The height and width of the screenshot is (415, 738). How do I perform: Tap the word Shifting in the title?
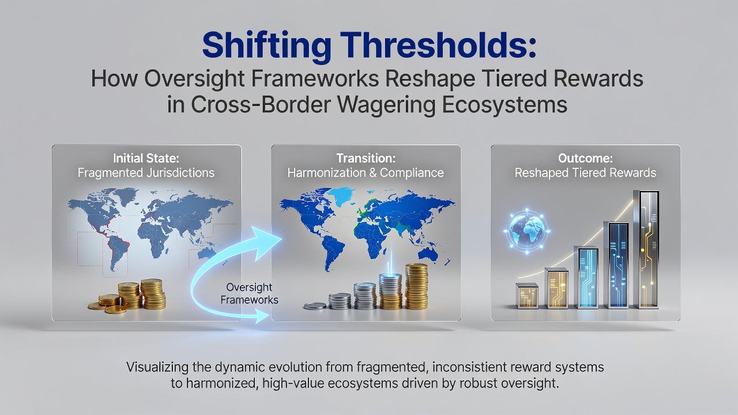click(x=267, y=47)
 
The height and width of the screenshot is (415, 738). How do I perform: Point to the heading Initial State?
click(x=146, y=159)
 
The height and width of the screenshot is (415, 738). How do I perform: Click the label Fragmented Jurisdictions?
click(x=146, y=172)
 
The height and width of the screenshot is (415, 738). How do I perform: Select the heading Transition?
click(x=366, y=159)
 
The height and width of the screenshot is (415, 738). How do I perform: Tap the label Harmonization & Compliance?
click(x=366, y=173)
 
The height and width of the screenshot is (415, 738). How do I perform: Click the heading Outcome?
click(x=585, y=159)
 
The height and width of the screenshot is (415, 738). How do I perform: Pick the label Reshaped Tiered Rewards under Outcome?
click(x=585, y=173)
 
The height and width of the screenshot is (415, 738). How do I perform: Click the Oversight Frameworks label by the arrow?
click(x=250, y=293)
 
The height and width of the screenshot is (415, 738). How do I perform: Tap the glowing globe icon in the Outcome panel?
click(x=527, y=231)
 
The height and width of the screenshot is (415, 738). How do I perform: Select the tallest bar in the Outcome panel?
click(x=646, y=250)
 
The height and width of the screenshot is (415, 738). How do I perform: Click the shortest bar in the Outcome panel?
click(x=527, y=296)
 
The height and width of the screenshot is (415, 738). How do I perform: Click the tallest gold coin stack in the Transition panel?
click(x=416, y=286)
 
